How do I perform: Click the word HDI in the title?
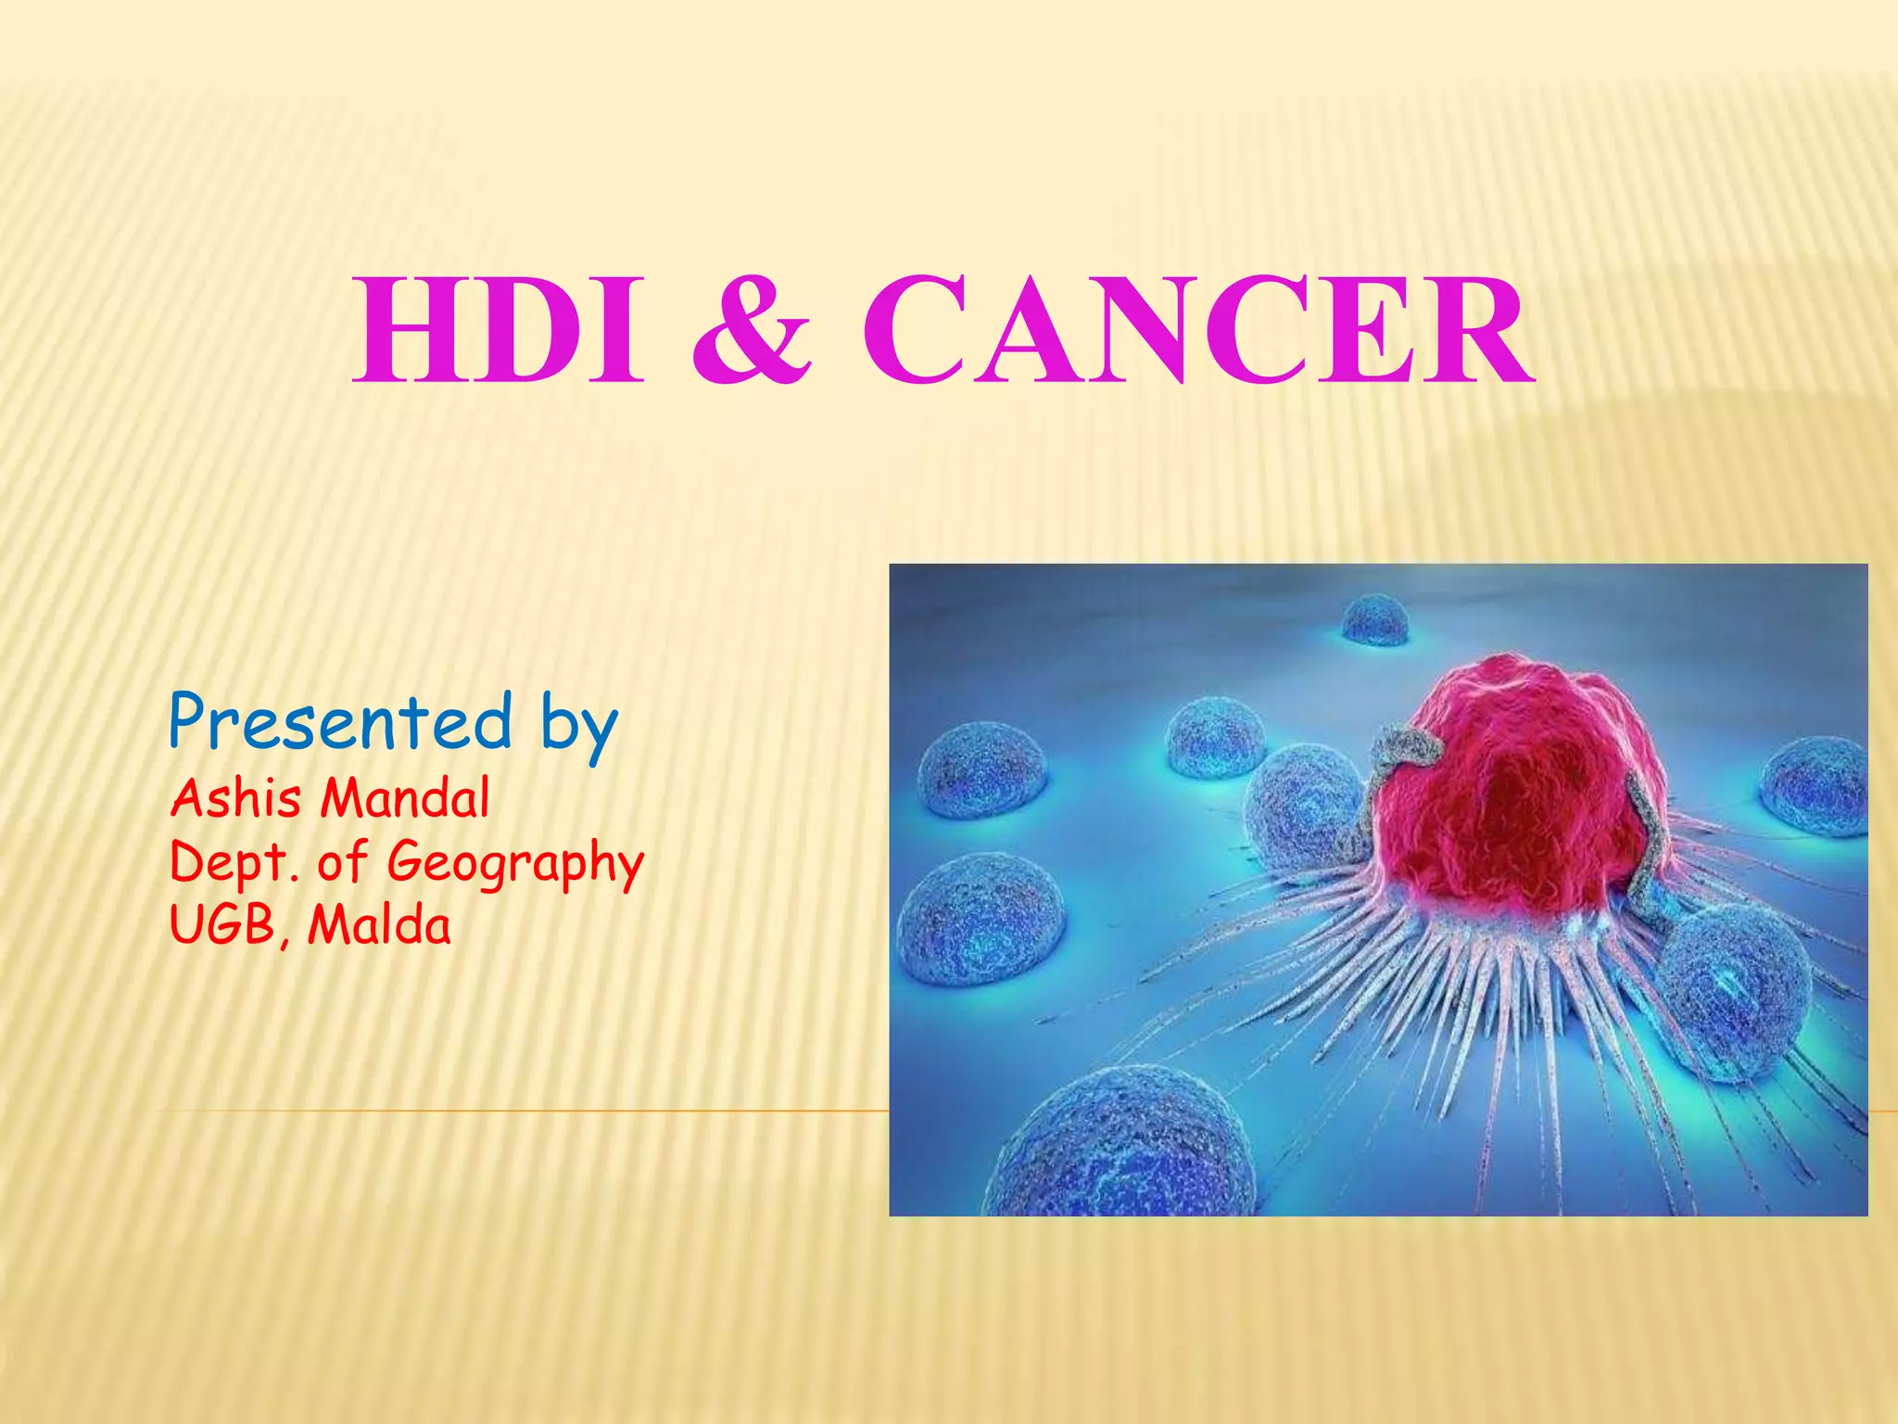click(498, 331)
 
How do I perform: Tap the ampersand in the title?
click(752, 331)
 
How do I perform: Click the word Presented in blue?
click(340, 722)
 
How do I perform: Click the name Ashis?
click(236, 798)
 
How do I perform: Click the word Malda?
click(379, 925)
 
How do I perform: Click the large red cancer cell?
click(1511, 788)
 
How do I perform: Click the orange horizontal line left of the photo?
click(519, 1110)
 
